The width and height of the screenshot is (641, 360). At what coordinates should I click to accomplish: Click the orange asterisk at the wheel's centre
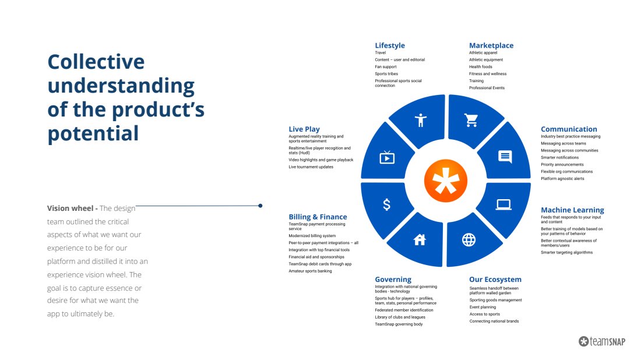point(446,181)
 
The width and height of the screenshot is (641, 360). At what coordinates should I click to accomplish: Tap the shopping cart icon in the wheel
point(471,120)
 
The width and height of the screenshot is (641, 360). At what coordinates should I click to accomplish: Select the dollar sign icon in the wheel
point(386,204)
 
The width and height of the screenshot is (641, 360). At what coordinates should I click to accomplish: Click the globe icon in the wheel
point(469,240)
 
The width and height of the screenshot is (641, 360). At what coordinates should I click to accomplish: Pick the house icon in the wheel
point(420,240)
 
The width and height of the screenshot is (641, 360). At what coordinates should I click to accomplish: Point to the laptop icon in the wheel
point(503,204)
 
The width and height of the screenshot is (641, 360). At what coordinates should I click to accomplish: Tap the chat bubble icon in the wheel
point(505,157)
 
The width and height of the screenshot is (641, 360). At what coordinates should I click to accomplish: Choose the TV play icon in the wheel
point(387,157)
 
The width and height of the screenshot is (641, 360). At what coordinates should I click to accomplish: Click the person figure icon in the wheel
point(420,120)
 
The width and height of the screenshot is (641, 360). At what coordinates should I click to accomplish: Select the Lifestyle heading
point(390,45)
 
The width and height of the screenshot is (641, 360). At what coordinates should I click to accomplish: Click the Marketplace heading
point(491,45)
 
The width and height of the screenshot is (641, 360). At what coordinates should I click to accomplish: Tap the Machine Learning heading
point(572,210)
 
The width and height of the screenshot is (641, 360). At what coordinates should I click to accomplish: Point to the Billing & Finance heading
point(318,217)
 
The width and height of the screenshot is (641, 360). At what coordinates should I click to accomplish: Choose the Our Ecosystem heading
point(495,280)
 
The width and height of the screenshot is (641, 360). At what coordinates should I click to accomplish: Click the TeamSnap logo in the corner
point(602,341)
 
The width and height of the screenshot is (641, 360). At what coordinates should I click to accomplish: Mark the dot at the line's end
point(260,206)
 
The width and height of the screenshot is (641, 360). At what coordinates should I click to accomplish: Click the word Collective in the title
point(96,62)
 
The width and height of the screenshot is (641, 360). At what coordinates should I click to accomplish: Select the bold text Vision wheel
point(70,209)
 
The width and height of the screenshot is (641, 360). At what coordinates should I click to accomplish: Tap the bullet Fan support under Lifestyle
point(386,66)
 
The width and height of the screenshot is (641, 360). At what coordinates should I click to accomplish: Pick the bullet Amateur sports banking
point(310,271)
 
